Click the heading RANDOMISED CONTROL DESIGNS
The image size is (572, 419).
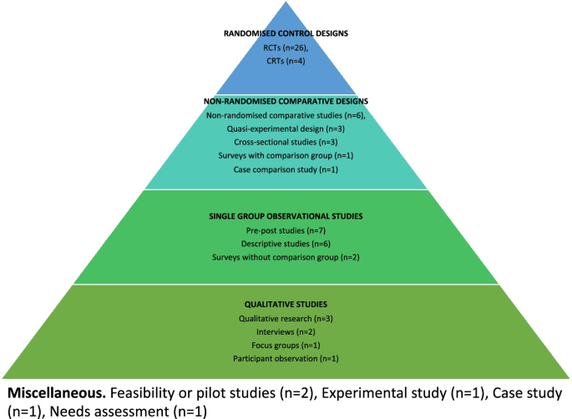[286, 34]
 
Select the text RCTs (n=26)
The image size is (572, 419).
[286, 48]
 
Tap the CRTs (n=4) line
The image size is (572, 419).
[286, 61]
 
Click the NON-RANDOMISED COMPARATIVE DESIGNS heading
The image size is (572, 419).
[286, 101]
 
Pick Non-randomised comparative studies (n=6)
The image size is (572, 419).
[286, 115]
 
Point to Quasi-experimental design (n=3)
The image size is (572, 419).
[286, 129]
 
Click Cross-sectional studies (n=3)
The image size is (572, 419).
[286, 143]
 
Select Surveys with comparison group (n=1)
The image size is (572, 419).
[286, 156]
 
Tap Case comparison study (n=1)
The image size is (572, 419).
[286, 169]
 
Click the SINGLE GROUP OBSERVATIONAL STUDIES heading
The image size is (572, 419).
[286, 215]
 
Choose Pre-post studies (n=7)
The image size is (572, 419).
[286, 230]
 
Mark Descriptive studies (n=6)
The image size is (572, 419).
[286, 243]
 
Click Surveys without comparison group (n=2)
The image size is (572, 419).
[286, 256]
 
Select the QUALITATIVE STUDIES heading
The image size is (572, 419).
[286, 305]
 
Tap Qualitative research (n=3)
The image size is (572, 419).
[286, 318]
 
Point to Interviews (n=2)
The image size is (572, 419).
[286, 331]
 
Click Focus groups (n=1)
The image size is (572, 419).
[286, 345]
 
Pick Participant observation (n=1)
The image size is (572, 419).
[286, 358]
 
